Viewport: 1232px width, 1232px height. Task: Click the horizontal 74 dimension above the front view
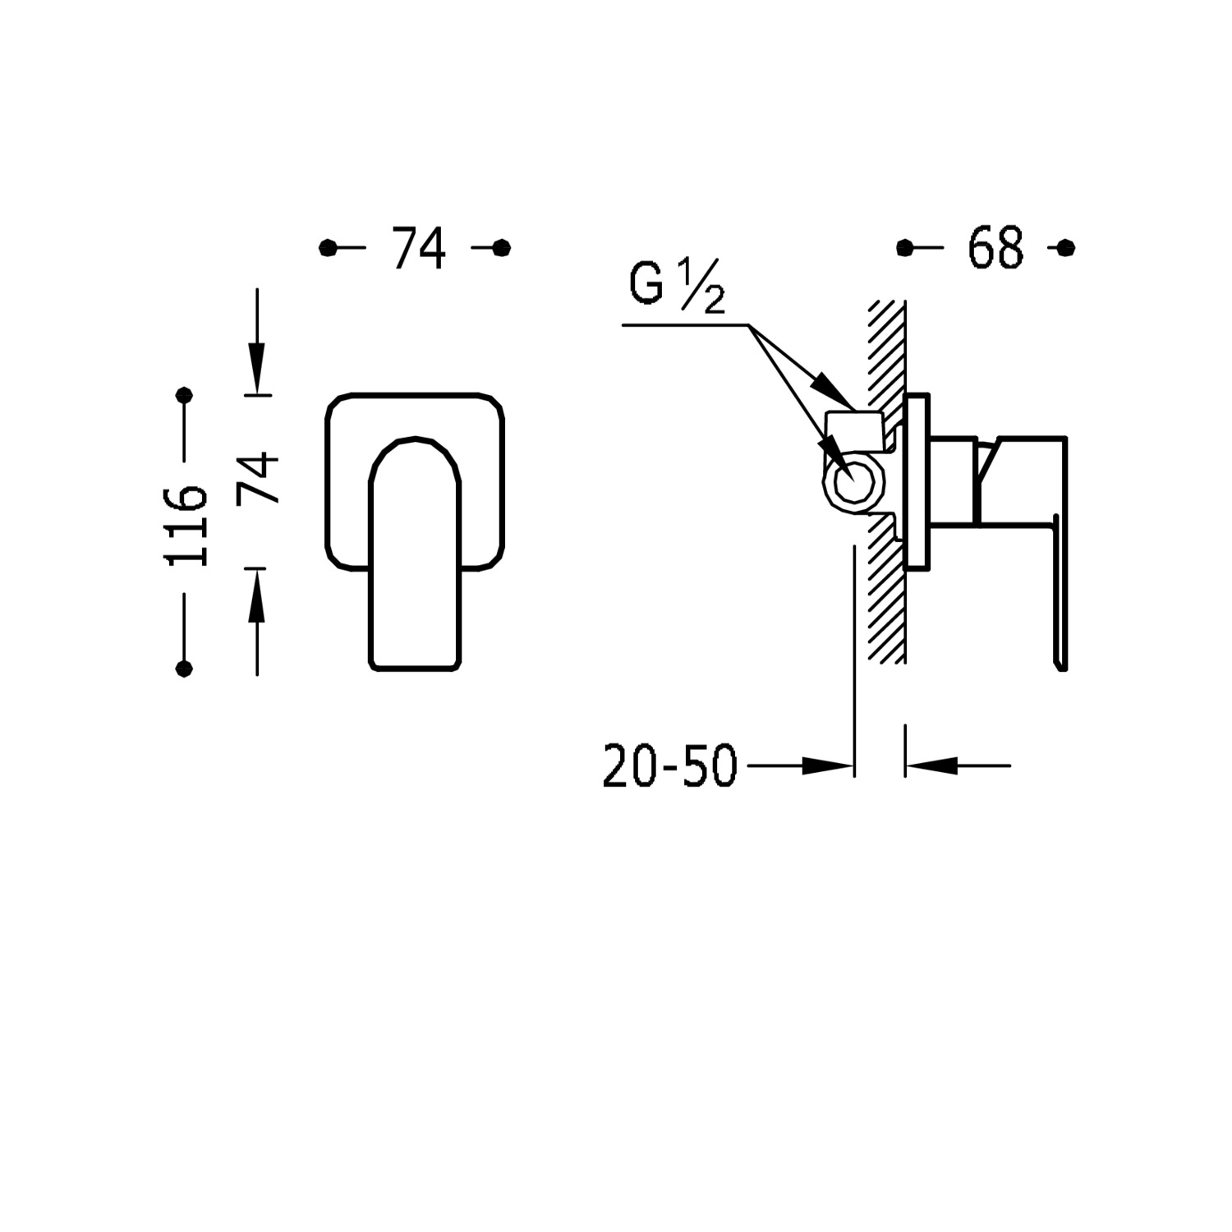(419, 247)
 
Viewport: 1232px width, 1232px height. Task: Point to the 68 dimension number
(996, 247)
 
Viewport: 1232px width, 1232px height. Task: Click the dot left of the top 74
(328, 247)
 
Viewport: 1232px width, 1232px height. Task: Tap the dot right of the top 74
(502, 247)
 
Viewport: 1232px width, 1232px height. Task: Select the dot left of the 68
(905, 247)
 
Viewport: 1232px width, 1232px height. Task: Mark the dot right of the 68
(1066, 247)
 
